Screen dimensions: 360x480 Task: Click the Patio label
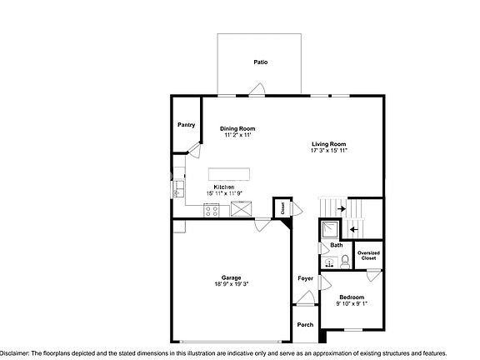[260, 62]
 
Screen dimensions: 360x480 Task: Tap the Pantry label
[187, 125]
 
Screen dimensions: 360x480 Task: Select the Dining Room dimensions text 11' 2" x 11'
[237, 135]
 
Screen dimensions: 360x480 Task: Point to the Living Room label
[328, 143]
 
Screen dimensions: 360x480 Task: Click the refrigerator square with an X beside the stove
[242, 210]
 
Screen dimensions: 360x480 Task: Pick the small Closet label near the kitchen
[282, 207]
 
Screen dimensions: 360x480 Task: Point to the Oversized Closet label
[367, 256]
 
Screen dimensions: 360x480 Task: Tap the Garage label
[231, 277]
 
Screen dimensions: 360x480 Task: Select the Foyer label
[305, 277]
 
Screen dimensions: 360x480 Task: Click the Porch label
[305, 325]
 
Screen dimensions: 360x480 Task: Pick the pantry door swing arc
[195, 149]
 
